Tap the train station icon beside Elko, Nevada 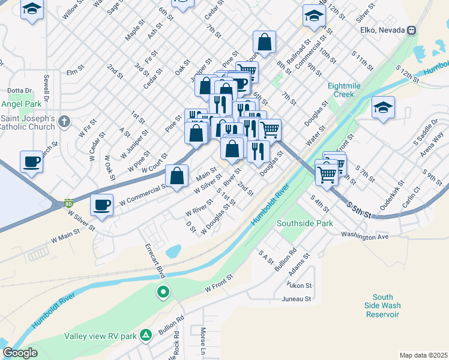tap(412, 30)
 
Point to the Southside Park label tap(304, 223)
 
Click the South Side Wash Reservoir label tap(382, 305)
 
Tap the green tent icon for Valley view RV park tap(145, 335)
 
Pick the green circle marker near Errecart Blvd tap(162, 293)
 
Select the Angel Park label tap(20, 103)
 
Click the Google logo tap(20, 353)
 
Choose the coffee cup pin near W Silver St tap(101, 205)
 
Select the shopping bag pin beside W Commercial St tap(176, 176)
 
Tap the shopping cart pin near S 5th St tap(327, 174)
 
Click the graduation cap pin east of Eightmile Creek tap(382, 108)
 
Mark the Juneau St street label tap(297, 298)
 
